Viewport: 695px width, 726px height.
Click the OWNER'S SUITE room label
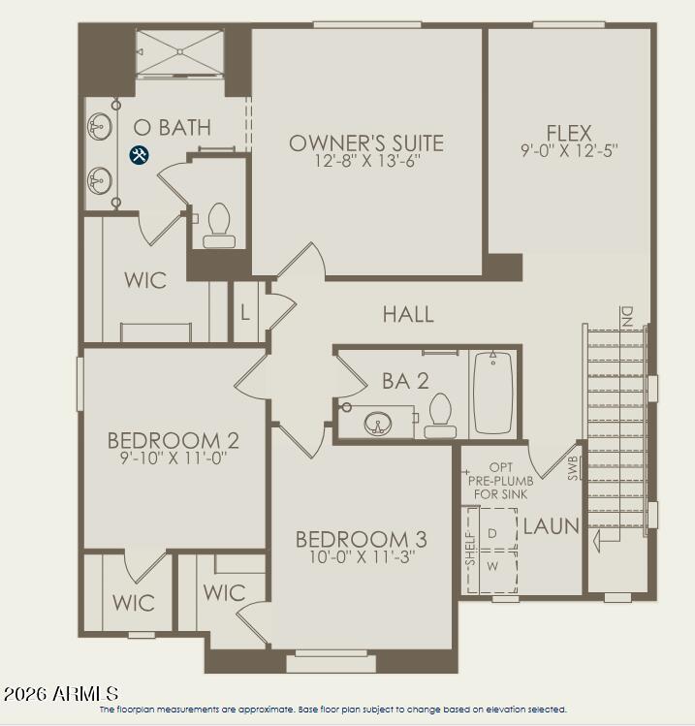[x=366, y=143]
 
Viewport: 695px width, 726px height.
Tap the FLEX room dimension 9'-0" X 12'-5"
[x=569, y=151]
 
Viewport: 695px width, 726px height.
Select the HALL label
[x=408, y=314]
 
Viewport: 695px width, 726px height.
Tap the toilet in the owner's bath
[x=218, y=225]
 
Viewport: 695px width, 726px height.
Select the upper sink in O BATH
[x=100, y=127]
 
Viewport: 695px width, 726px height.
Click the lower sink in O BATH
[x=100, y=179]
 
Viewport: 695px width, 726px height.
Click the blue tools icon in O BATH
[x=140, y=154]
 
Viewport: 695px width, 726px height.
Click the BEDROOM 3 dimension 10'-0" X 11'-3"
[x=361, y=558]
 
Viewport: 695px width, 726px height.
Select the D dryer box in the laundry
[x=491, y=533]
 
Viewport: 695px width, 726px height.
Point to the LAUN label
[x=551, y=527]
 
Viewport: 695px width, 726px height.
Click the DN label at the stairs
[x=627, y=316]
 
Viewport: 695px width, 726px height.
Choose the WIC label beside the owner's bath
[x=145, y=280]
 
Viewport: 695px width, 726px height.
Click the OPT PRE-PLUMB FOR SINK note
[x=500, y=480]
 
